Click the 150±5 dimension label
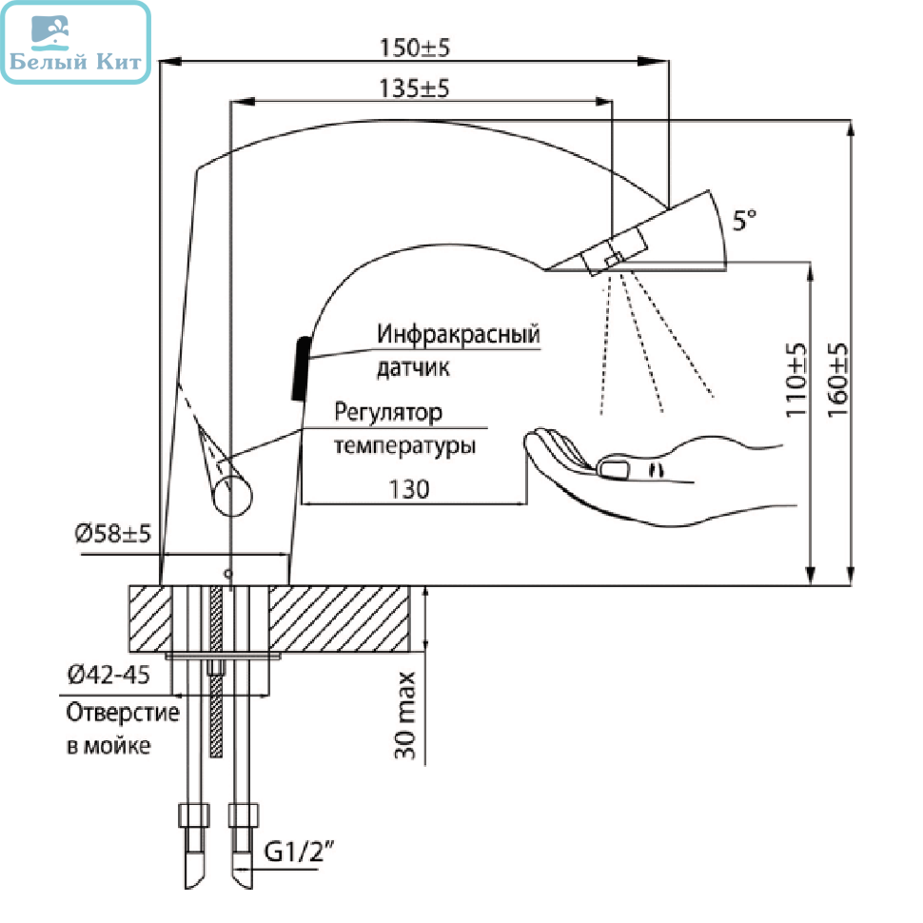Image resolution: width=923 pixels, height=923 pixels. pyautogui.click(x=415, y=47)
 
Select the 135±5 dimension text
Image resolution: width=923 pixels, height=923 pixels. pyautogui.click(x=414, y=88)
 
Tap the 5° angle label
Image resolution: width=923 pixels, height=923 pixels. pyautogui.click(x=744, y=220)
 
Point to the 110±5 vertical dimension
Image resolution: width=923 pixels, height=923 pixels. pyautogui.click(x=795, y=381)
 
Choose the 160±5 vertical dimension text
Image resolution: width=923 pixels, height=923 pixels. pyautogui.click(x=837, y=381)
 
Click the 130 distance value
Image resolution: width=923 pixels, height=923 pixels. pyautogui.click(x=409, y=489)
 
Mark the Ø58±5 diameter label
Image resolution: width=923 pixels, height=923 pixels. pyautogui.click(x=113, y=533)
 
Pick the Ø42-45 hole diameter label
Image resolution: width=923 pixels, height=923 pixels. pyautogui.click(x=108, y=675)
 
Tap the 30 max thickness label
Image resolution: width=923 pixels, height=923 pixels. pyautogui.click(x=405, y=716)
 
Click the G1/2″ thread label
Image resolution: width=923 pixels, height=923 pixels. pyautogui.click(x=299, y=852)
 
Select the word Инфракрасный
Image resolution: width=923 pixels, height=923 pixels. pyautogui.click(x=459, y=334)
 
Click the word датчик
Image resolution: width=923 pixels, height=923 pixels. pyautogui.click(x=413, y=367)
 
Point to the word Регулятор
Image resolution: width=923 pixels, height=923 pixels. pyautogui.click(x=388, y=413)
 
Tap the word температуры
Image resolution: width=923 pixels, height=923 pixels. pyautogui.click(x=405, y=445)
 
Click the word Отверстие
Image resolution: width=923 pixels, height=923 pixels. pyautogui.click(x=123, y=713)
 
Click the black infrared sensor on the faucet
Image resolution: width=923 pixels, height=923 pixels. pyautogui.click(x=301, y=368)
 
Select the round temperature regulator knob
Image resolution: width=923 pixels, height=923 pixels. pyautogui.click(x=232, y=496)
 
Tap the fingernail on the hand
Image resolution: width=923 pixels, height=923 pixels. pyautogui.click(x=614, y=469)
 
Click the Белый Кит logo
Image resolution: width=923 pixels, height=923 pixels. pyautogui.click(x=76, y=43)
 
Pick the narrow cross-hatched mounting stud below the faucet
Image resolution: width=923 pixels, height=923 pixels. pyautogui.click(x=216, y=672)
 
